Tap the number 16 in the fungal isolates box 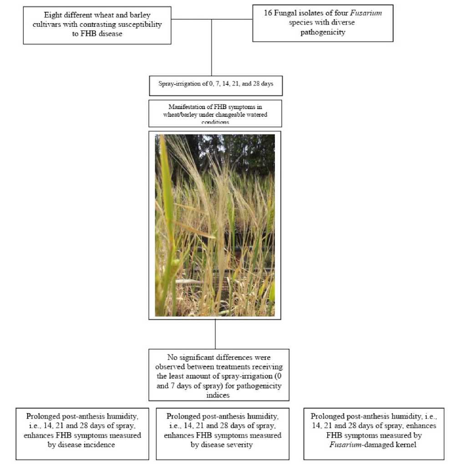pyautogui.click(x=268, y=13)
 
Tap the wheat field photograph pyautogui.click(x=215, y=225)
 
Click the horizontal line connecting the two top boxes pyautogui.click(x=212, y=19)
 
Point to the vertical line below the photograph pyautogui.click(x=215, y=334)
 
